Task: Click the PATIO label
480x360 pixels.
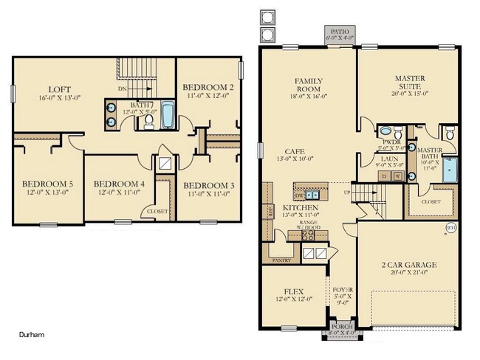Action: [x=340, y=32]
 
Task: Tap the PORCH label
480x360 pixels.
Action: [x=341, y=326]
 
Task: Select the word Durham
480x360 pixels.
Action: [x=32, y=334]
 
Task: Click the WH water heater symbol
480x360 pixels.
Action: [x=451, y=228]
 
